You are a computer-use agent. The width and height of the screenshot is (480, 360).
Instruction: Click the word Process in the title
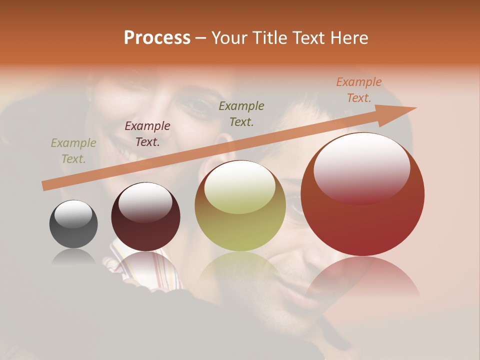pos(157,38)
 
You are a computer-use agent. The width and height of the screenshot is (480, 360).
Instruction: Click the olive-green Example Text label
pos(73,151)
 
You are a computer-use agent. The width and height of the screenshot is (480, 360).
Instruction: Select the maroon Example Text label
pos(147,134)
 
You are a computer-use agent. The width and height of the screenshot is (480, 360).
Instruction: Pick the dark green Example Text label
pos(241,114)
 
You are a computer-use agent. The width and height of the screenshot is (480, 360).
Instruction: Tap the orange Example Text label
pos(358,90)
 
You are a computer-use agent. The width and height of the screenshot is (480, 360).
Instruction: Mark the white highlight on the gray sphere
pos(73,213)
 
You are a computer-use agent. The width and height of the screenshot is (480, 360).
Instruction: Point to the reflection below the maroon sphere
pos(146,267)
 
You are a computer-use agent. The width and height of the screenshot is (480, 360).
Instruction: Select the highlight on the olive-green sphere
pos(240,188)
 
